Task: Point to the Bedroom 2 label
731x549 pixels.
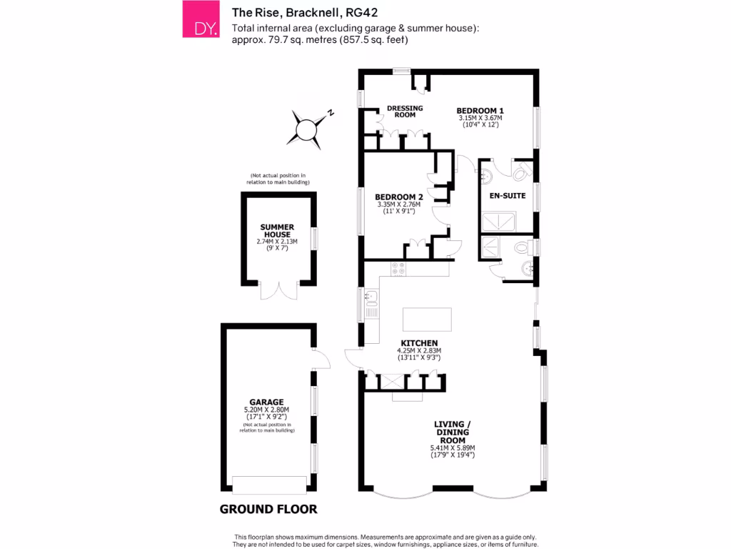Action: pos(399,197)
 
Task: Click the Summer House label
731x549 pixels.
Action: pos(277,231)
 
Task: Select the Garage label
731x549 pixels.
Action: pos(266,402)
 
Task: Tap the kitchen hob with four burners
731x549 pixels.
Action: pos(398,269)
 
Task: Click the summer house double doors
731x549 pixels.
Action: pos(278,291)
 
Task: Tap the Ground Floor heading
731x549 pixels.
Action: pos(268,510)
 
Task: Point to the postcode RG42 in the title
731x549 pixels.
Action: pos(362,12)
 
